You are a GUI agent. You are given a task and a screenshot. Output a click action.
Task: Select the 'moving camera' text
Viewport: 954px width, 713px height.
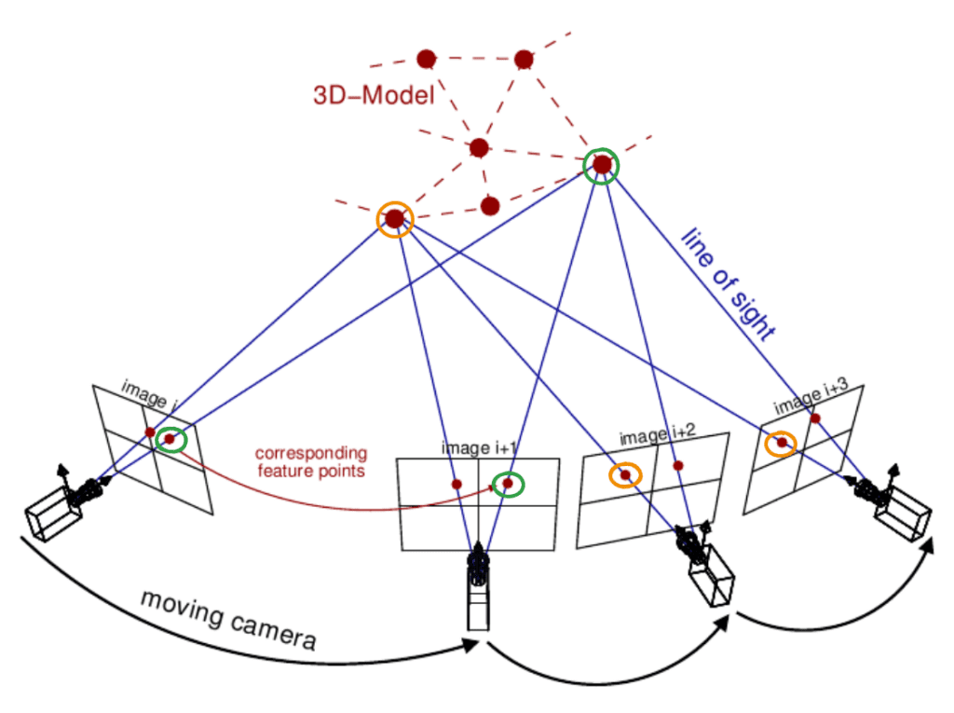(228, 620)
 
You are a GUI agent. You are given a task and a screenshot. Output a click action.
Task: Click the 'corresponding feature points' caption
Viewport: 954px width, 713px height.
(311, 462)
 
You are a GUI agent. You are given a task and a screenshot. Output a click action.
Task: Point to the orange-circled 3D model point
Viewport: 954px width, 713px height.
(394, 219)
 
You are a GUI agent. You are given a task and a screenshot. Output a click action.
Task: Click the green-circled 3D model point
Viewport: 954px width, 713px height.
(602, 165)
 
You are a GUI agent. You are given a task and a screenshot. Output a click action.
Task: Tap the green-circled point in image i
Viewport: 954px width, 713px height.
(170, 439)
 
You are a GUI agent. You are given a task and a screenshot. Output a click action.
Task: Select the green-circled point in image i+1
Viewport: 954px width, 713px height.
(508, 484)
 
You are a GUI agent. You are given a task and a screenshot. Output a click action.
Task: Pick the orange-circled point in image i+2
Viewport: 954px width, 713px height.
(625, 475)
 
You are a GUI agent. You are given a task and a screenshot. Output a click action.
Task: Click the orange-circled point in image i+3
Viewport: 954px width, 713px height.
(781, 443)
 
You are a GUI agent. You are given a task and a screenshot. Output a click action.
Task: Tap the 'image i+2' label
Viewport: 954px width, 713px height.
(657, 436)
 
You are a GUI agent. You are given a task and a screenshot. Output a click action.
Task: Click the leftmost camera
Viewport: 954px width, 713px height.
(61, 505)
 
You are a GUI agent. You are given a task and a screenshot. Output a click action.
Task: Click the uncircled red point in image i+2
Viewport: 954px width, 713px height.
(678, 465)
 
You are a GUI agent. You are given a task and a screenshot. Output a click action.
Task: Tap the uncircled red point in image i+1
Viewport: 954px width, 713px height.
(457, 484)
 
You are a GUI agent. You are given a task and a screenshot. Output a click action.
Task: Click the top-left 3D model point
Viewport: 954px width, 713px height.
(426, 59)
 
